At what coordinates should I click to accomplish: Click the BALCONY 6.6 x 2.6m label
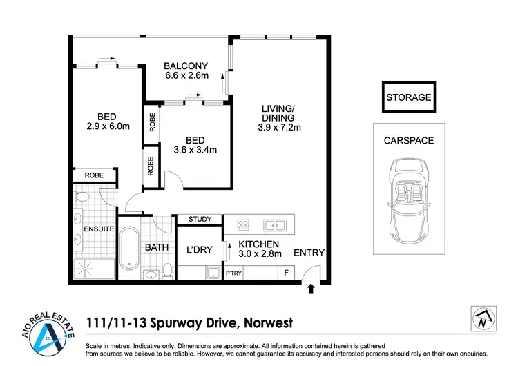coord(186,71)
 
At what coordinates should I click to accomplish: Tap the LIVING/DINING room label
coord(279,117)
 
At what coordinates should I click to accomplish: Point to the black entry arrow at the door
coord(310,288)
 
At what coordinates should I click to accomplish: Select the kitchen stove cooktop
coord(243,224)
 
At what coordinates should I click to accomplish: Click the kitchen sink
coord(277,224)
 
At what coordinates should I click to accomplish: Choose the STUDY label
coord(200,220)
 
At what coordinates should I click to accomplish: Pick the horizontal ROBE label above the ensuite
coord(95,176)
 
